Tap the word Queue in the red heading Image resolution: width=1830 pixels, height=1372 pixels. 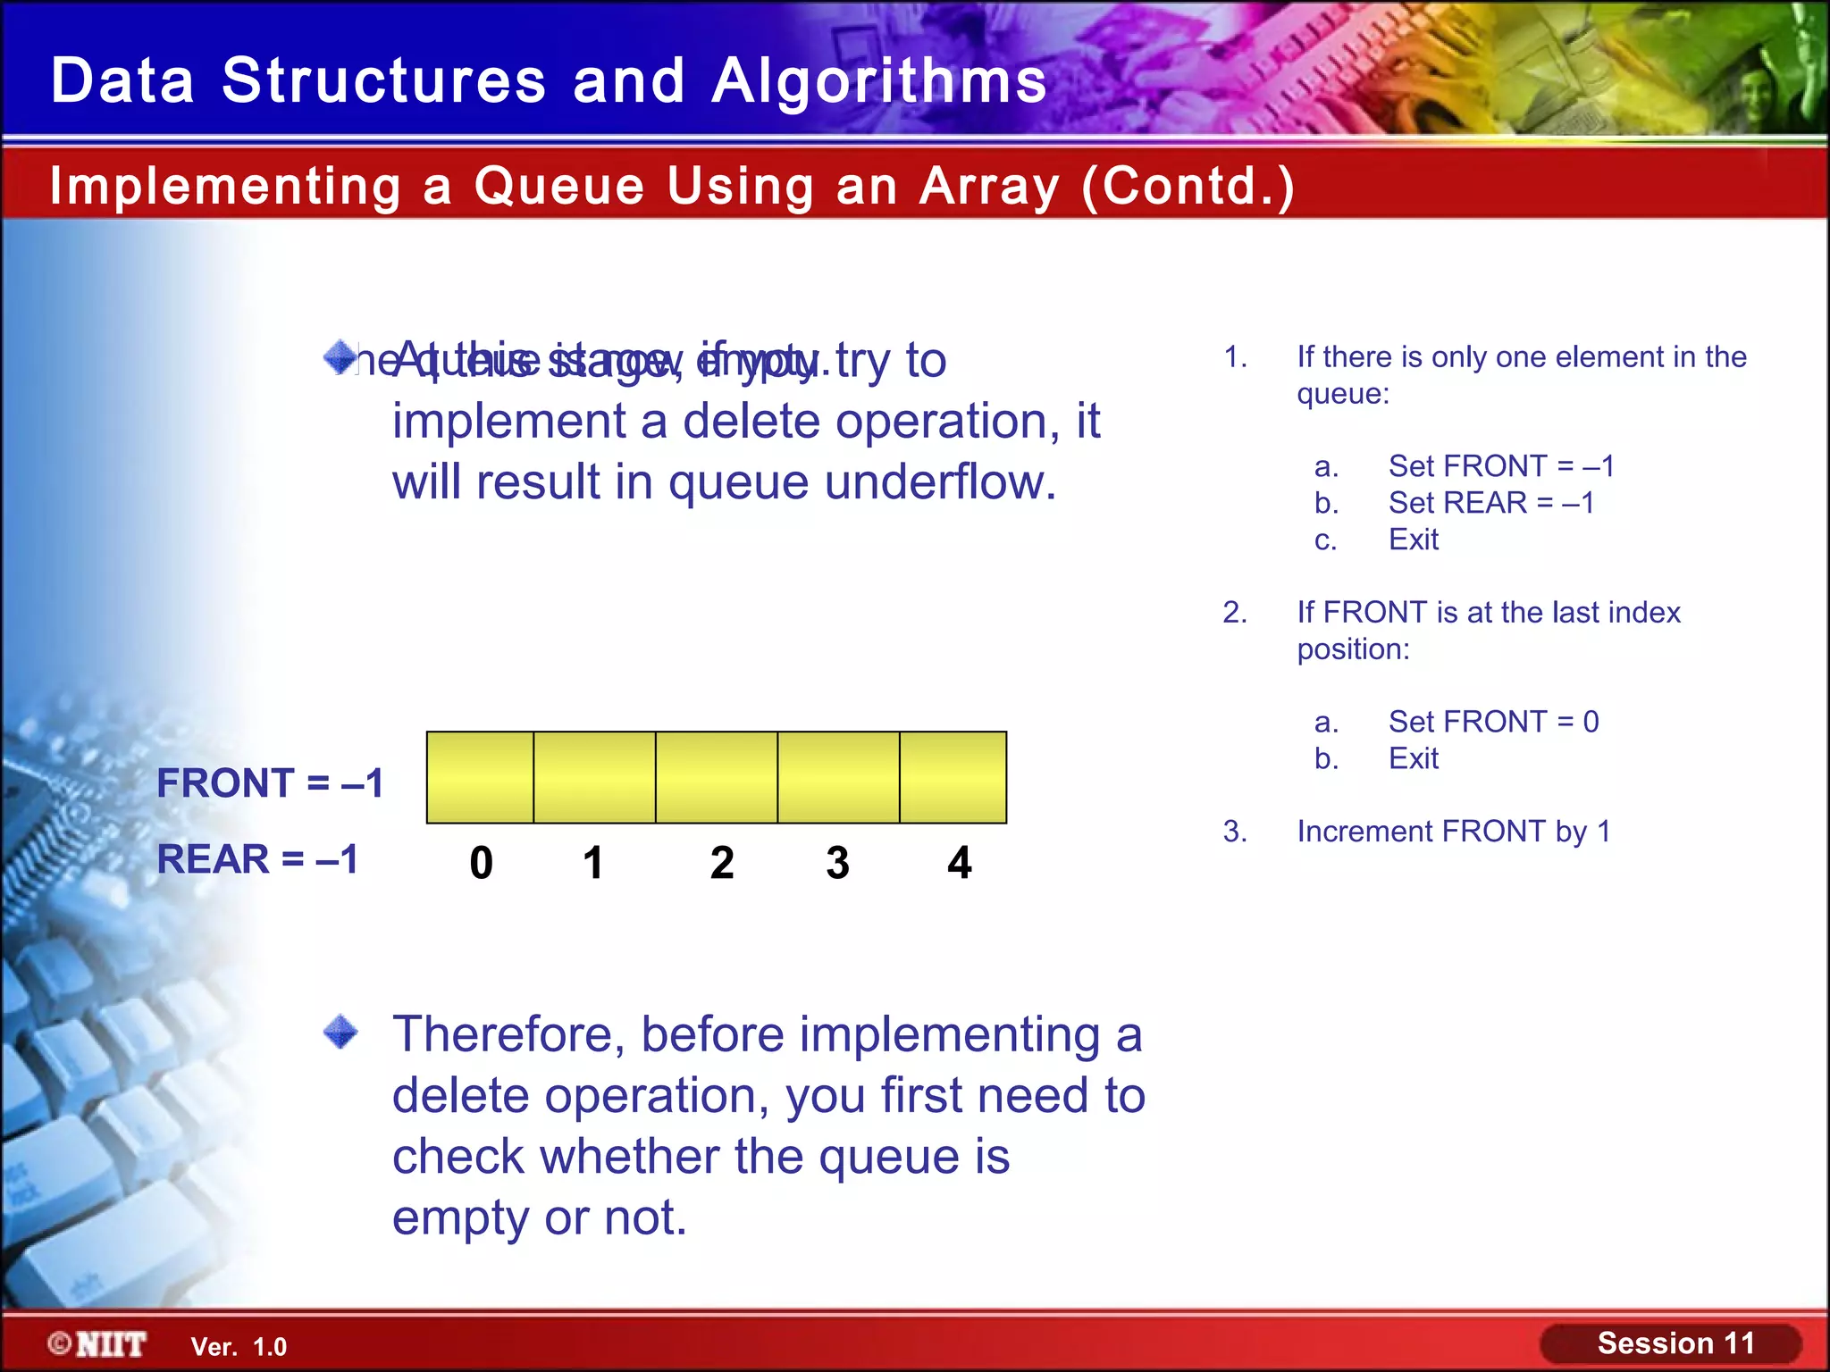558,187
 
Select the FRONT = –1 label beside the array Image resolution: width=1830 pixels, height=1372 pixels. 270,783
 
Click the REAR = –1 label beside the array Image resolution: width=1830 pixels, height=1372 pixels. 257,859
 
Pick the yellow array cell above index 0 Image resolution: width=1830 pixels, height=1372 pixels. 481,777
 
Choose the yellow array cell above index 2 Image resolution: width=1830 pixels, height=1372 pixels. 717,777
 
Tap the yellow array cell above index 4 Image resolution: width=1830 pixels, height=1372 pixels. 953,777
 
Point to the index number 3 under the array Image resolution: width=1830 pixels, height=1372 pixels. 837,863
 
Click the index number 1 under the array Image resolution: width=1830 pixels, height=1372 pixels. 593,863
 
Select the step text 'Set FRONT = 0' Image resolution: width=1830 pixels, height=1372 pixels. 1493,722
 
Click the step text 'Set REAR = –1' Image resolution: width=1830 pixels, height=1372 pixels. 1490,503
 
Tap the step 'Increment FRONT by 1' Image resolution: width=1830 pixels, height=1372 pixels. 1453,832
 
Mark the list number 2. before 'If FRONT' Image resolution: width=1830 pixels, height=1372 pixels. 1235,613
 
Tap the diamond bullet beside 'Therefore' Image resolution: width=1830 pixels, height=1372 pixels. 340,1033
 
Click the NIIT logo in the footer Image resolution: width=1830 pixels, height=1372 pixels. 97,1344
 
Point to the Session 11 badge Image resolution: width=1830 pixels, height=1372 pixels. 1674,1343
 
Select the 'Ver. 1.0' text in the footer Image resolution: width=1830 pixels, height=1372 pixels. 239,1347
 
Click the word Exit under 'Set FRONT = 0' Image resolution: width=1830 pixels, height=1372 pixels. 1413,758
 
